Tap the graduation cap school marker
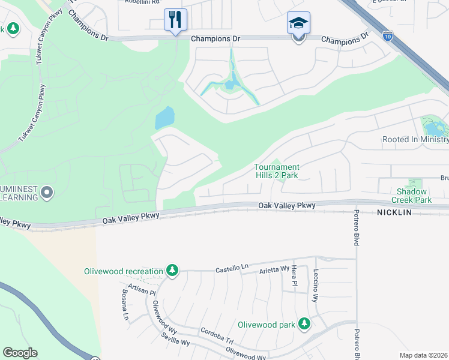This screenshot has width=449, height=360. click(x=298, y=23)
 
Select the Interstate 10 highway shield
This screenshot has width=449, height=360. click(x=387, y=36)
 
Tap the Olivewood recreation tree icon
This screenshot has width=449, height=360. click(x=172, y=271)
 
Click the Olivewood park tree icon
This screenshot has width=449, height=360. click(x=304, y=324)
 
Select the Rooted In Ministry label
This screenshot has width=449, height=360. click(x=415, y=140)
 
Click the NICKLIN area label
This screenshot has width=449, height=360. click(x=397, y=212)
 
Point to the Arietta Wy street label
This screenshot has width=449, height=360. click(x=274, y=270)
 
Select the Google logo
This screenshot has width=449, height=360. click(x=20, y=353)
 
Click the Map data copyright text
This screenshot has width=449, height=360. click(x=423, y=355)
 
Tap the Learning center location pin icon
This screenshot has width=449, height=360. click(x=47, y=193)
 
